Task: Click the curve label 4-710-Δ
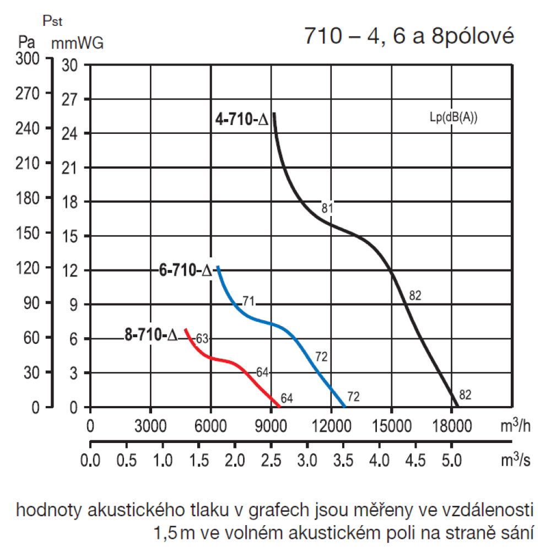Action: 242,120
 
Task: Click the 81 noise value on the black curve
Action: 327,208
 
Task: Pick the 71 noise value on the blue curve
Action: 248,301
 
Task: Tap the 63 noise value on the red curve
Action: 202,338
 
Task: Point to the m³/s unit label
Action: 515,460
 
